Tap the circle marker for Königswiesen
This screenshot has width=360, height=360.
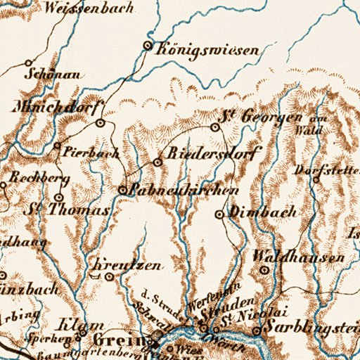tap(148, 46)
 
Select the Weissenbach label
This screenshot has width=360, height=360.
tap(77, 8)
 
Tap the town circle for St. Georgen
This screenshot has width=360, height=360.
tap(216, 127)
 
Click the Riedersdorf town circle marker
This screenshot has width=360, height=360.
tap(157, 162)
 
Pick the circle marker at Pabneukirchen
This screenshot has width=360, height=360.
tap(122, 190)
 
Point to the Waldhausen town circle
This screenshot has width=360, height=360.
tap(265, 269)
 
